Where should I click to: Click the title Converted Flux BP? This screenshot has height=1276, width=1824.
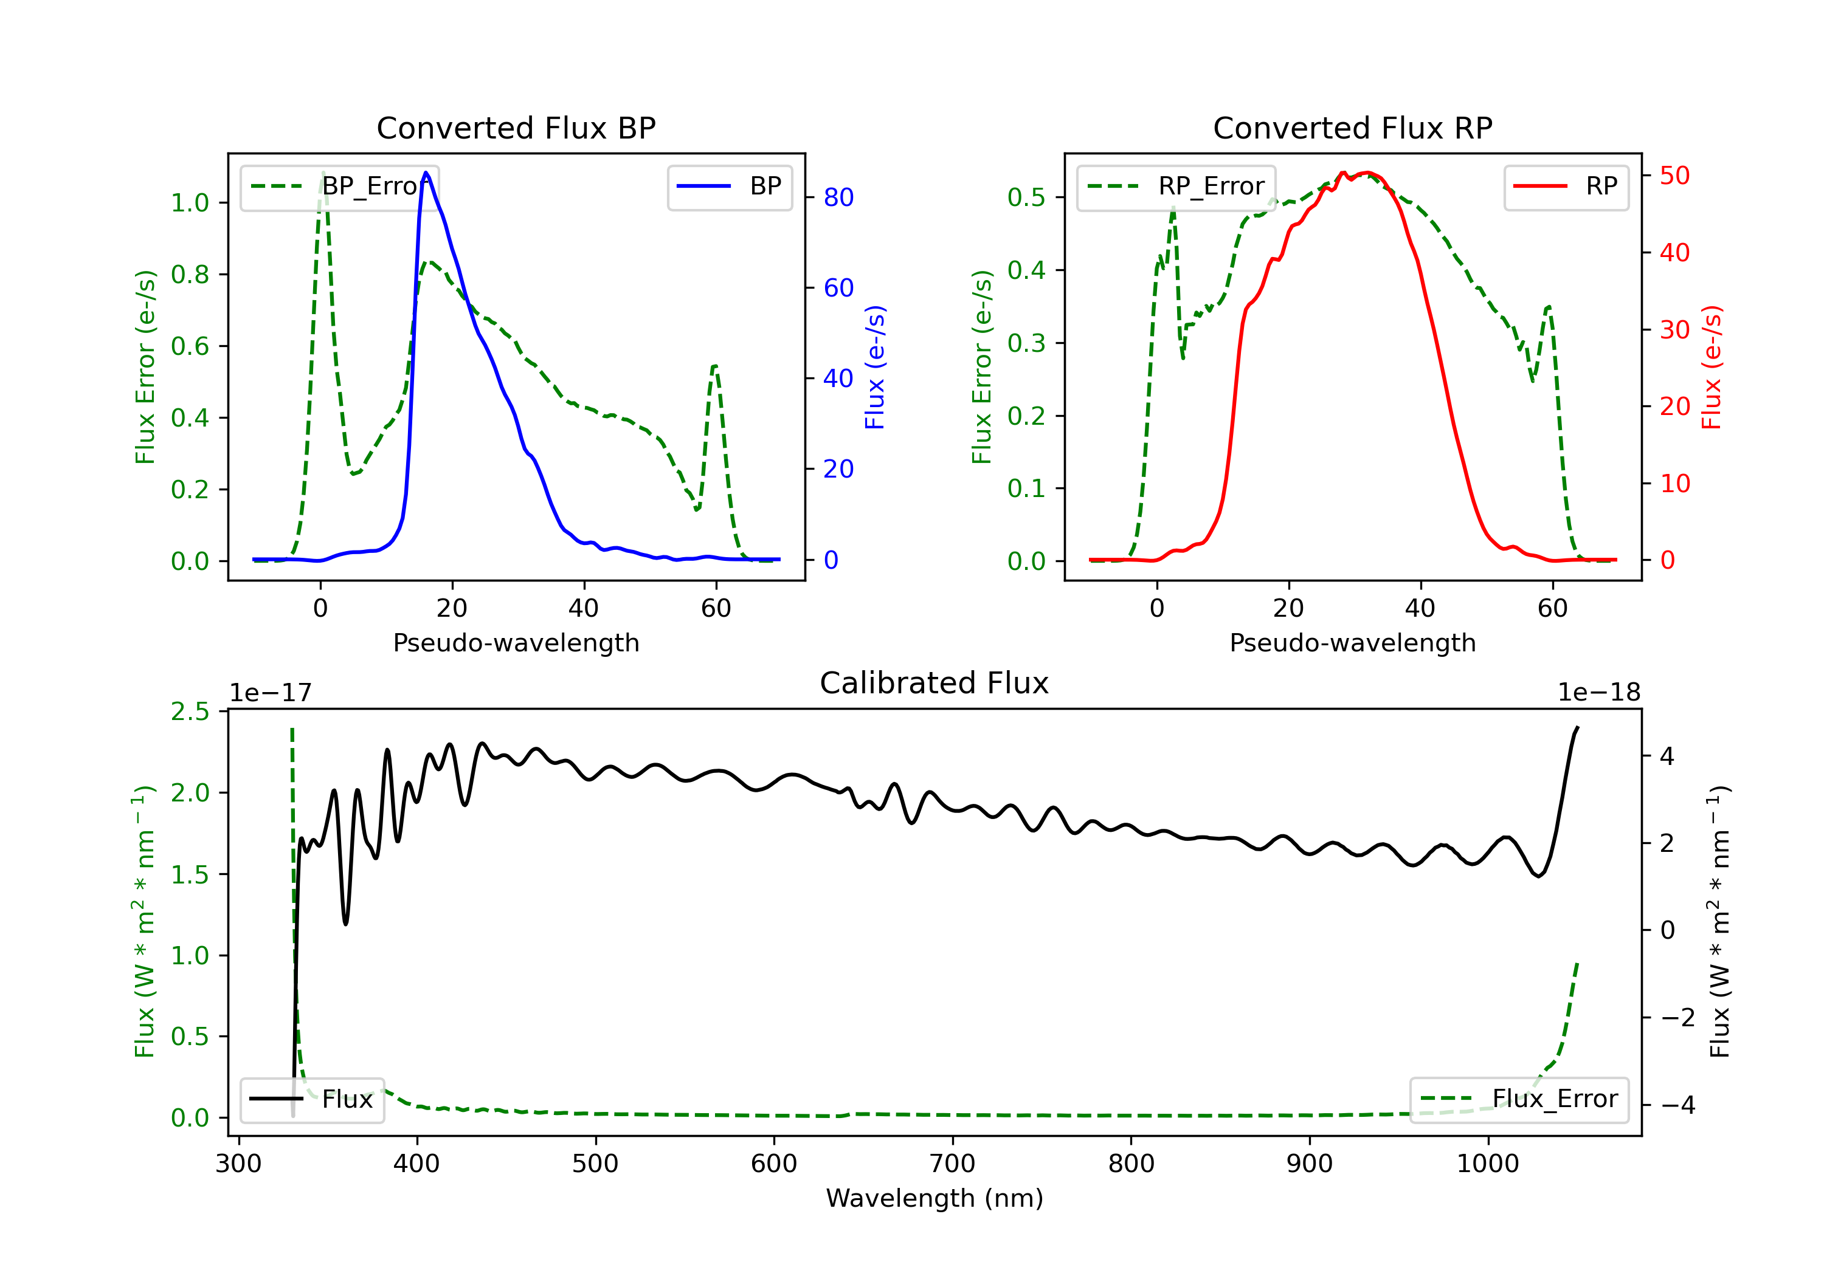pyautogui.click(x=516, y=128)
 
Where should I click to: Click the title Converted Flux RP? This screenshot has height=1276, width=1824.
pyautogui.click(x=1353, y=128)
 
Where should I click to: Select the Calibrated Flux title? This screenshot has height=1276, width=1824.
pyautogui.click(x=934, y=683)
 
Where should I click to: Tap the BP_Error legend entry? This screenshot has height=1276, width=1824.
pyautogui.click(x=339, y=187)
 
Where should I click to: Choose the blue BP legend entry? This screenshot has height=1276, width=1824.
pyautogui.click(x=729, y=187)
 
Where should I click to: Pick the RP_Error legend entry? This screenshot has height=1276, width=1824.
pyautogui.click(x=1176, y=187)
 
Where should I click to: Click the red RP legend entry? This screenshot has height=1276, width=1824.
pyautogui.click(x=1566, y=187)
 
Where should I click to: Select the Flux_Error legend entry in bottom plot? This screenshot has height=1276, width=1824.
pyautogui.click(x=1519, y=1099)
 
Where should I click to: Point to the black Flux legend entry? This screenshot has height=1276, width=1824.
pyautogui.click(x=311, y=1099)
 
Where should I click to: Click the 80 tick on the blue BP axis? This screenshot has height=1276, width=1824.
pyautogui.click(x=838, y=197)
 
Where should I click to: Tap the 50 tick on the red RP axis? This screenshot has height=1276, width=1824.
pyautogui.click(x=1674, y=176)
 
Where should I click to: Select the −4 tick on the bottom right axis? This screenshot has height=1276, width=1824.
pyautogui.click(x=1677, y=1105)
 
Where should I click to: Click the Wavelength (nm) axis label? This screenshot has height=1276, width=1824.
pyautogui.click(x=934, y=1198)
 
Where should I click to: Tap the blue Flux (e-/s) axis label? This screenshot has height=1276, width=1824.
pyautogui.click(x=875, y=368)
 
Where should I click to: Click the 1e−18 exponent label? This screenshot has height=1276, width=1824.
pyautogui.click(x=1598, y=693)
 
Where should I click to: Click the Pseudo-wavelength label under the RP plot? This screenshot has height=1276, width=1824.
pyautogui.click(x=1353, y=642)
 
